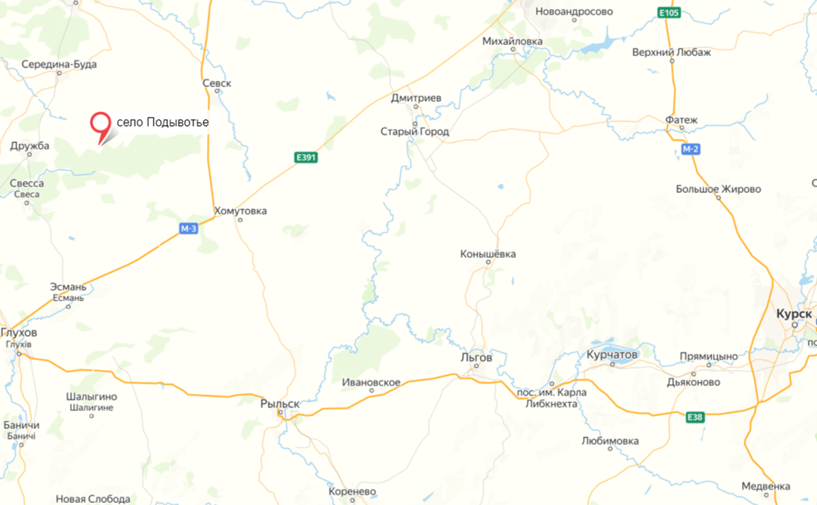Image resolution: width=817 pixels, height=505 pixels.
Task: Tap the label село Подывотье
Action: pyautogui.click(x=163, y=122)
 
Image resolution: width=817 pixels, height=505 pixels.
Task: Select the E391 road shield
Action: pyautogui.click(x=306, y=158)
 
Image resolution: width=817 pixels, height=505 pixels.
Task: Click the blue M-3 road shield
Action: pyautogui.click(x=188, y=229)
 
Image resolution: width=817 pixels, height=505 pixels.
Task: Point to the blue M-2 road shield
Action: pyautogui.click(x=690, y=149)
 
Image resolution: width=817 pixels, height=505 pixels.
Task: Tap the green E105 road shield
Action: pyautogui.click(x=670, y=12)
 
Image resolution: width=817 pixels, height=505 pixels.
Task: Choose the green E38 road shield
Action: pyautogui.click(x=695, y=417)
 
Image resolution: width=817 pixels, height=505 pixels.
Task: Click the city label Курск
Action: pyautogui.click(x=794, y=314)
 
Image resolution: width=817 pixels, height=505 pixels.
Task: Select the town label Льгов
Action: pyautogui.click(x=476, y=358)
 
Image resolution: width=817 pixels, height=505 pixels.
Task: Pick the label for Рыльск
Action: pyautogui.click(x=280, y=403)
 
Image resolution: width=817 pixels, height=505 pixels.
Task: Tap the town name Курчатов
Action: pyautogui.click(x=611, y=354)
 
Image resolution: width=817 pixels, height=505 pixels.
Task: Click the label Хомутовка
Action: pyautogui.click(x=240, y=211)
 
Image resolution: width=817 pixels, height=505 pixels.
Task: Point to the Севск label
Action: pyautogui.click(x=217, y=83)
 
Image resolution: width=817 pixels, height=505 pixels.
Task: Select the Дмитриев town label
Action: pyautogui.click(x=415, y=98)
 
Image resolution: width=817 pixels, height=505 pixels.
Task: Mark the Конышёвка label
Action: pyautogui.click(x=488, y=254)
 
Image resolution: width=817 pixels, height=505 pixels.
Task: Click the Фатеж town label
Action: pyautogui.click(x=681, y=120)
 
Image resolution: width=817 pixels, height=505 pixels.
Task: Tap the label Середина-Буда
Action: pyautogui.click(x=60, y=64)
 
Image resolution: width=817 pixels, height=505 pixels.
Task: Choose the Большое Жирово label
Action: pyautogui.click(x=719, y=189)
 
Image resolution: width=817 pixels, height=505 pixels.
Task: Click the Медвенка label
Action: pyautogui.click(x=766, y=486)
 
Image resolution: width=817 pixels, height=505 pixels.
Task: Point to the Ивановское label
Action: pyautogui.click(x=371, y=382)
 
